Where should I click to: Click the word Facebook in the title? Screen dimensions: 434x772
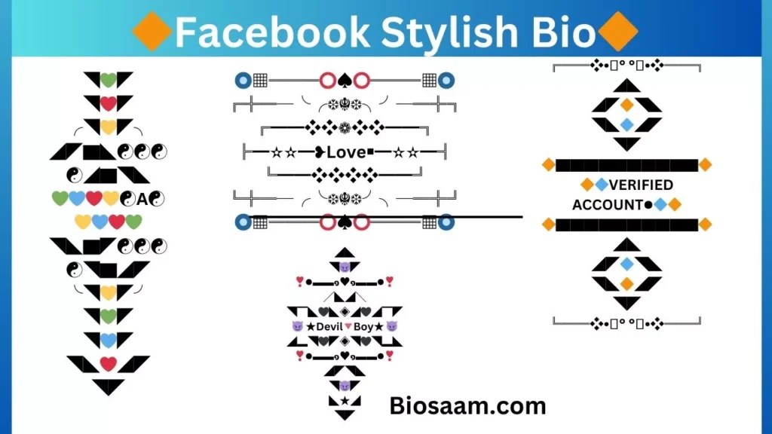tap(272, 32)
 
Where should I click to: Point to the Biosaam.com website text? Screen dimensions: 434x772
tap(467, 406)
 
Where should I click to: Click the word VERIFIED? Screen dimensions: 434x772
tap(641, 185)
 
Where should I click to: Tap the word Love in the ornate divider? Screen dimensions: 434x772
tap(346, 152)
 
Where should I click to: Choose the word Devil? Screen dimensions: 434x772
tap(329, 326)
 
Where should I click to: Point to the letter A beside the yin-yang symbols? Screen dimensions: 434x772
tap(142, 200)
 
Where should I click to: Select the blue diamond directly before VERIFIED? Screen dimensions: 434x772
tap(602, 185)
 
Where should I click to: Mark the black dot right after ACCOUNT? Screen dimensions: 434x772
tap(648, 205)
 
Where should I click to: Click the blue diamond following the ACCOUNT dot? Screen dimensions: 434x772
tap(660, 205)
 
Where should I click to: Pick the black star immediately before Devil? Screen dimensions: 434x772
tap(309, 326)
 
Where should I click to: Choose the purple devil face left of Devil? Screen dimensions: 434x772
tap(297, 326)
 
